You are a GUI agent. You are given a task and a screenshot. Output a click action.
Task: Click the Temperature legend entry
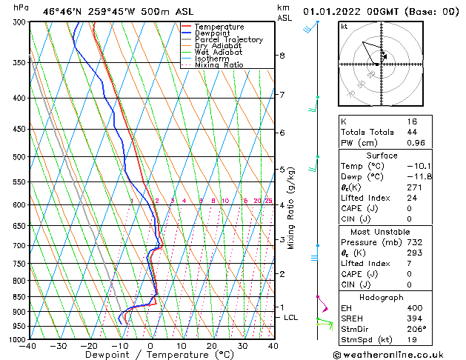click(219, 27)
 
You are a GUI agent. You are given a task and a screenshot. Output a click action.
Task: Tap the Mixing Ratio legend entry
click(219, 65)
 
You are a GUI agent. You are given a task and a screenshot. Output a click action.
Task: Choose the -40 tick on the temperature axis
click(28, 346)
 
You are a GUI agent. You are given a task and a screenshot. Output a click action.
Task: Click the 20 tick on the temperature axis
click(211, 346)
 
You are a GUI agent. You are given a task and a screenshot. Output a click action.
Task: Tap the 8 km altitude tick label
click(282, 56)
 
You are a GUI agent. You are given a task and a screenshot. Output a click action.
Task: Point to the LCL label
click(291, 317)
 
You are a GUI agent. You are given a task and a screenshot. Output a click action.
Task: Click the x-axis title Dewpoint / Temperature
click(150, 355)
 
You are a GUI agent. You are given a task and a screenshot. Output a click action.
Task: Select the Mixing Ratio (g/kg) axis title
click(291, 208)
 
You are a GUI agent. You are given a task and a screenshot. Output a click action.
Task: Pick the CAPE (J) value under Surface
click(410, 209)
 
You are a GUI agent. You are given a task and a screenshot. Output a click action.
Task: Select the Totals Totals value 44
click(412, 131)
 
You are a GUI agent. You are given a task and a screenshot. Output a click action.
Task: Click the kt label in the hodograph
click(344, 27)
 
